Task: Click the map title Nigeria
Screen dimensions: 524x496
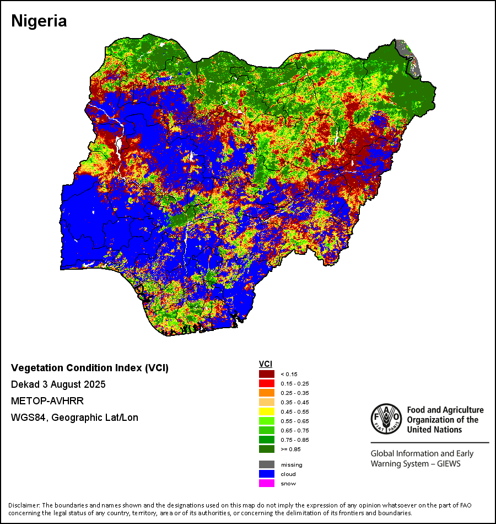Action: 39,22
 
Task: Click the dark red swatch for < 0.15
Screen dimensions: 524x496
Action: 267,374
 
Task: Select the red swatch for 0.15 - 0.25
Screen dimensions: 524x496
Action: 267,383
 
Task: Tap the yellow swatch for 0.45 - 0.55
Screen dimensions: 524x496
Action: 267,411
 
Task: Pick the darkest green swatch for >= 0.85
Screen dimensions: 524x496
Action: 267,449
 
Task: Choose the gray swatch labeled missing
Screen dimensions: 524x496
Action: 267,464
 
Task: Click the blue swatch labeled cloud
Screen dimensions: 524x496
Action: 267,474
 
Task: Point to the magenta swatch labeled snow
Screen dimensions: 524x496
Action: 267,483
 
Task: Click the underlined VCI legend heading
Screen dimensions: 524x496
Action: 265,364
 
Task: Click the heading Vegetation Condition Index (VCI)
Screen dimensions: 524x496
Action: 90,368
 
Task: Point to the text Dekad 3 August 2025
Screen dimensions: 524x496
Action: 58,384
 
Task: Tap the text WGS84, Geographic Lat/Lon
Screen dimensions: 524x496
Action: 74,418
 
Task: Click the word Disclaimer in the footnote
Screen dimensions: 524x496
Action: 23,505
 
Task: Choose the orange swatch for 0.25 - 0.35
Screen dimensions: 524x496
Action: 267,393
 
